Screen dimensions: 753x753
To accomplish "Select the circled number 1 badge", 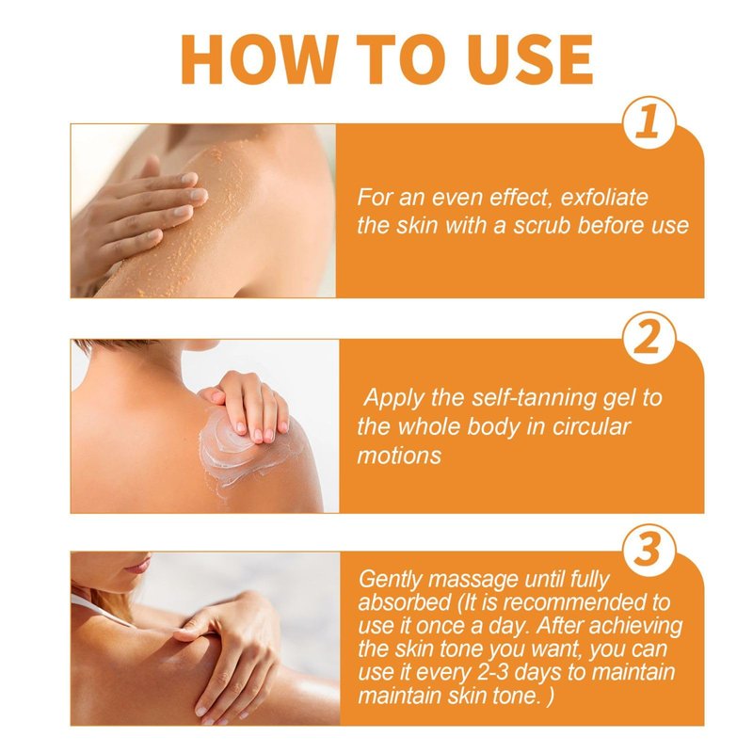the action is [649, 122].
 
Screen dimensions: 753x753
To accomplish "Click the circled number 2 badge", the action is [649, 338].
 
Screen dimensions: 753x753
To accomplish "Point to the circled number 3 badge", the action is [649, 550].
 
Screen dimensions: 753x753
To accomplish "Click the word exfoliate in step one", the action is [604, 198].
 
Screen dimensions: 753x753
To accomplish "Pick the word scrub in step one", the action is [541, 226].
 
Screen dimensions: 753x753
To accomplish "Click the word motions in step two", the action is [398, 456].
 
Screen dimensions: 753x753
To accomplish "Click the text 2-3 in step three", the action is [497, 672].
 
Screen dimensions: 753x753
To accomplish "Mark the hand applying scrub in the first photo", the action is [139, 211].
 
